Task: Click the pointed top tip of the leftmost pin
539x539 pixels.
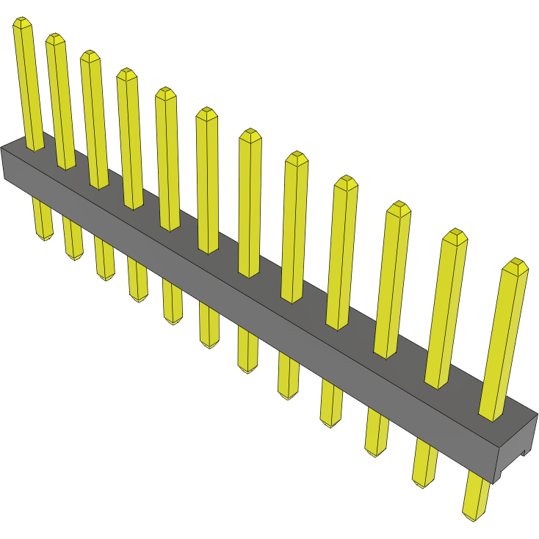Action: pos(23,22)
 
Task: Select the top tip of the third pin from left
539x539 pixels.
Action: pos(90,55)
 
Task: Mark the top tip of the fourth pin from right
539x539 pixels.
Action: pos(346,181)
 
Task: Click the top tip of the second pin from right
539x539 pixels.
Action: pos(455,234)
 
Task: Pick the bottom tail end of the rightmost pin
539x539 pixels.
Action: pos(474,516)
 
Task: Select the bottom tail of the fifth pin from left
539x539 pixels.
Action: pos(173,320)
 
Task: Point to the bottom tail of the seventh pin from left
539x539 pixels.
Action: pos(248,367)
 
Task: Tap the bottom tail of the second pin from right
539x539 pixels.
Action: pos(424,482)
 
